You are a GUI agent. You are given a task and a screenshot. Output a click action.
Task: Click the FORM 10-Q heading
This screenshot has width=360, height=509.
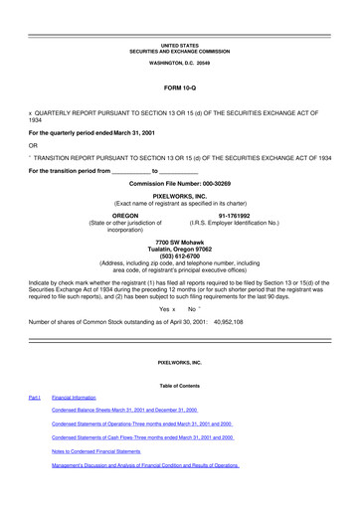pyautogui.click(x=179, y=88)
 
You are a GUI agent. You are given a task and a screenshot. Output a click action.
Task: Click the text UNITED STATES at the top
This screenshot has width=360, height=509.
pyautogui.click(x=179, y=45)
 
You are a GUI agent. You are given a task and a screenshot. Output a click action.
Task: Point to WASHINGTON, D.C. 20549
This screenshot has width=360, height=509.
pyautogui.click(x=179, y=63)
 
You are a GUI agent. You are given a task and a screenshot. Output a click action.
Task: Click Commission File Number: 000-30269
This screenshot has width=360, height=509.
pyautogui.click(x=179, y=185)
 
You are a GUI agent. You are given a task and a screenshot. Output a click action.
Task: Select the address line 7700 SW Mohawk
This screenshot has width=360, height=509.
pyautogui.click(x=179, y=242)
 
